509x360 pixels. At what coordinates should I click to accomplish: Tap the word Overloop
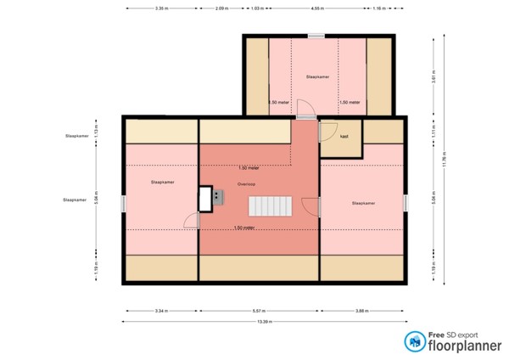point(247,183)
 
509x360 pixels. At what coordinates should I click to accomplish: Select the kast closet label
point(344,136)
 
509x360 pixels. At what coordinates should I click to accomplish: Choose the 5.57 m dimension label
point(259,310)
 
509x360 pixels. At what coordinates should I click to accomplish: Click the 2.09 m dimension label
point(220,8)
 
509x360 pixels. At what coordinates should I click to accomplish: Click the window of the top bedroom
point(316,36)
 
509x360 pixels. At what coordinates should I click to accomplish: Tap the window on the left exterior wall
point(124,204)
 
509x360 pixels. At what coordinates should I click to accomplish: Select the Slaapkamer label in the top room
point(317,76)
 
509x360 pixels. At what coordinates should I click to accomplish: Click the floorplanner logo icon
point(416,341)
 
